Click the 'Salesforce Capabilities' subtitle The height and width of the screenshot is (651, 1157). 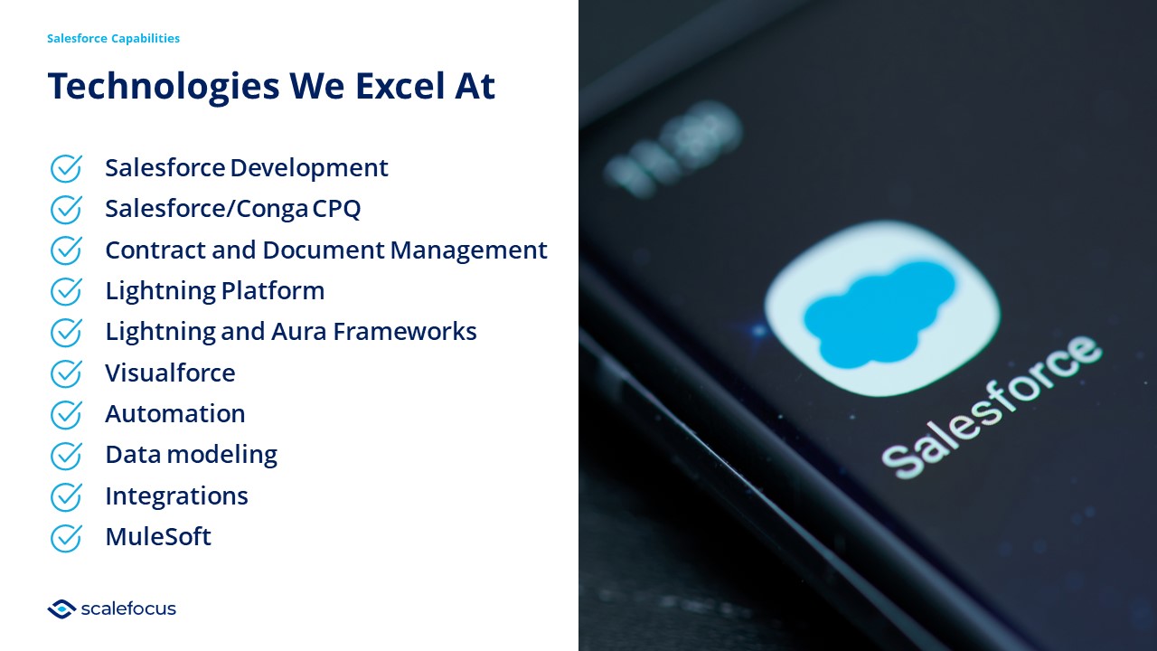(x=113, y=39)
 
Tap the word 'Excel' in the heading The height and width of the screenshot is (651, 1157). (x=400, y=86)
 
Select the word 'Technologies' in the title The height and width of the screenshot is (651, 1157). (x=164, y=87)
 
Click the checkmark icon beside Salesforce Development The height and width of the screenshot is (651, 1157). (x=66, y=168)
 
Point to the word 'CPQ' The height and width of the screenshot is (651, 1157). (x=336, y=209)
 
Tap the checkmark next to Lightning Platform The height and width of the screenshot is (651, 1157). (x=66, y=291)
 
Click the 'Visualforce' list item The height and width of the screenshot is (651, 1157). (x=170, y=373)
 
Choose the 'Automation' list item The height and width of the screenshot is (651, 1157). (x=175, y=414)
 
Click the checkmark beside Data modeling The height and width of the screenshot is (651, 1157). (x=66, y=456)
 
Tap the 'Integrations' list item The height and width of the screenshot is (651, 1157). (x=176, y=496)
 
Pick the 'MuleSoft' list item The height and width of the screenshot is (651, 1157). (x=158, y=537)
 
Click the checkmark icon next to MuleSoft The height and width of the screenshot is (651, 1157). (x=66, y=538)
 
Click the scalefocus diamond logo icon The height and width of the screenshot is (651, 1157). (x=62, y=609)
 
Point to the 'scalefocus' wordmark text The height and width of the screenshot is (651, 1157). (x=128, y=609)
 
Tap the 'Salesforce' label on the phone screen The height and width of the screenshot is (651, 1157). (x=992, y=407)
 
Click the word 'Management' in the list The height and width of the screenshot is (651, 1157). (x=468, y=250)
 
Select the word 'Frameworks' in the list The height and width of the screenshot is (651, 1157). (x=405, y=332)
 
